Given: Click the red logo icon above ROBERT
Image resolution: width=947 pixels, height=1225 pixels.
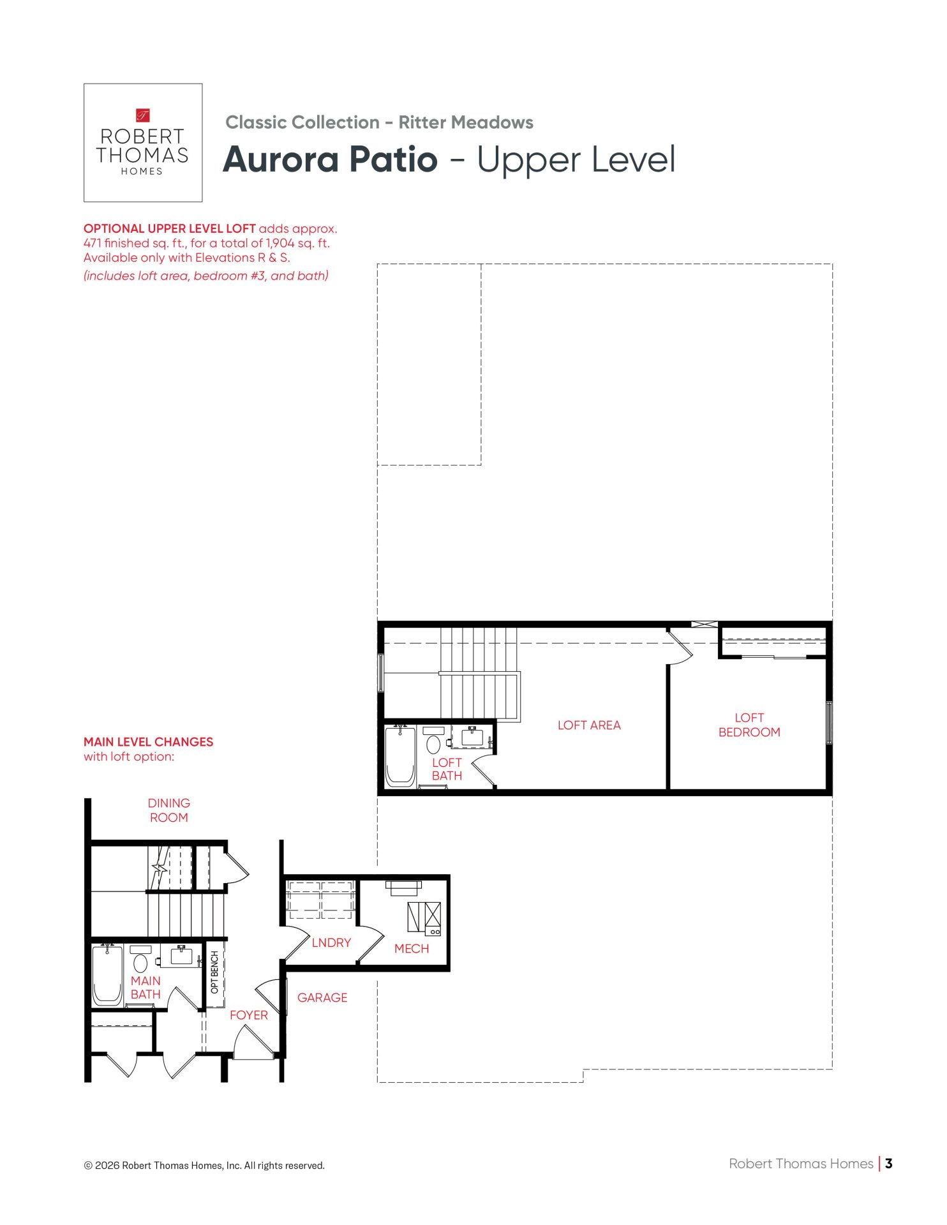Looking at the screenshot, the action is tap(143, 115).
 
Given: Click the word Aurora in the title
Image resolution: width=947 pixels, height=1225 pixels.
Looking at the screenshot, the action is tap(281, 160).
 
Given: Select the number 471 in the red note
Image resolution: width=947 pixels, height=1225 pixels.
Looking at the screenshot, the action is tap(93, 243).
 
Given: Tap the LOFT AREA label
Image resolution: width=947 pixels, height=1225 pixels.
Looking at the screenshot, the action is tap(589, 725).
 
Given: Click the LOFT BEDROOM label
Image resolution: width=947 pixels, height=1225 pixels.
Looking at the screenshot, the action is tap(749, 725).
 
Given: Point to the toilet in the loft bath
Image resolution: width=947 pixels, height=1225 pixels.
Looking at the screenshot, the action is tap(434, 740).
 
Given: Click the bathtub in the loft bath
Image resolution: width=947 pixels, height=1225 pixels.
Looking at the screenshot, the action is tap(401, 757).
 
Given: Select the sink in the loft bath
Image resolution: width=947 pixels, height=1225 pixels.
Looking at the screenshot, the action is tap(472, 737).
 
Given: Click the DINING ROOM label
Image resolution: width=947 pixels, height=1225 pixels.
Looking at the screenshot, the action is tap(169, 810).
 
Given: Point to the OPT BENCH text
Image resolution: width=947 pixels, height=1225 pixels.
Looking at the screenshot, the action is tap(214, 972).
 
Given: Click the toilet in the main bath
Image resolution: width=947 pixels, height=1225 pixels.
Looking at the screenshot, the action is tap(141, 960).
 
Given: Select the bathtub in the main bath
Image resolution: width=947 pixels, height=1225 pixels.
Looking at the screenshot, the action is tap(107, 975).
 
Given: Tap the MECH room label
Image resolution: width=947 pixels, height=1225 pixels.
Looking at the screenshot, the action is tap(412, 949).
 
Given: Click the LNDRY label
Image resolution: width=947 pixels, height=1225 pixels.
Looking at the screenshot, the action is tap(331, 942).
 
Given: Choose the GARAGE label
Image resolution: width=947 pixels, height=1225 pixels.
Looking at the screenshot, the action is tap(322, 997).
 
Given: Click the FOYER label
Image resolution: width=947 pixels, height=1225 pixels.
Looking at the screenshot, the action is tap(249, 1015).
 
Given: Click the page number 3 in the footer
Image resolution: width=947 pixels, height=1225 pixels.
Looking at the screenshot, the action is tap(889, 1163).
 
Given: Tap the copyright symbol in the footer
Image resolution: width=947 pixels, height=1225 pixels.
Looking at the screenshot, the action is tap(88, 1166).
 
